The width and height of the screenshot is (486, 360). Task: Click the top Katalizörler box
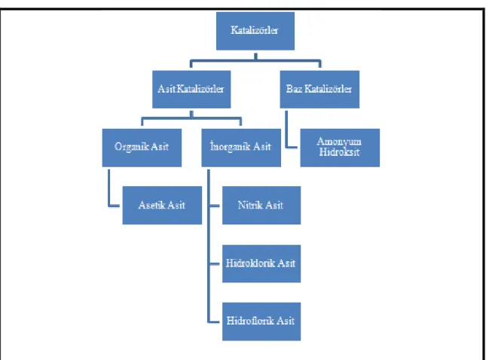point(255,31)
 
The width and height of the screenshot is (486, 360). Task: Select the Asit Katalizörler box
point(191,89)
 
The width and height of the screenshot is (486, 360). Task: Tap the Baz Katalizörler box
point(319,89)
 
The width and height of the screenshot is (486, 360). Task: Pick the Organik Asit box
point(142,148)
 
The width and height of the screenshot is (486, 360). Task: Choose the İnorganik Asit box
point(241,148)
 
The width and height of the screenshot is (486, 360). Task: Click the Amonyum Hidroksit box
point(340,148)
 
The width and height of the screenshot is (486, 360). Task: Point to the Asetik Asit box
point(162,205)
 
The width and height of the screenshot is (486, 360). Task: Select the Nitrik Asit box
point(261,205)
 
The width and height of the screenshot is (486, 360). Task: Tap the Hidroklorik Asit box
point(261,264)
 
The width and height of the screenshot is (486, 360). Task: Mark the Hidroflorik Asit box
point(261,322)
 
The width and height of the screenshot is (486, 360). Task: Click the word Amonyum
point(339,142)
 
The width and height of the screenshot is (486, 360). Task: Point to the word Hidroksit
point(339,152)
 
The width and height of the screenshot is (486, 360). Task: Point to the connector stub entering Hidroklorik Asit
point(215,264)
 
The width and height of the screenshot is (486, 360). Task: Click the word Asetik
point(151,205)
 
